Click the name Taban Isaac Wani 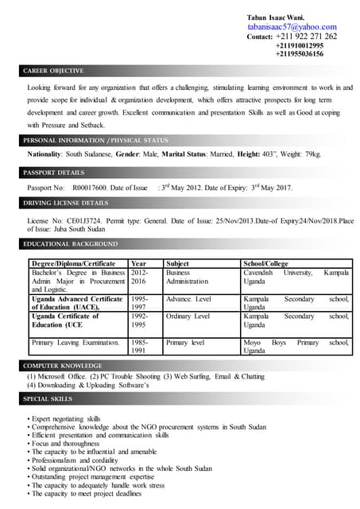pyautogui.click(x=275, y=17)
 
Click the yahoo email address pyautogui.click(x=292, y=26)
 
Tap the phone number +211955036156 pyautogui.click(x=299, y=54)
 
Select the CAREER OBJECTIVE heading pyautogui.click(x=54, y=71)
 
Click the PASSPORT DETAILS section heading pyautogui.click(x=53, y=172)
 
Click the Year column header pyautogui.click(x=138, y=263)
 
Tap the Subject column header pyautogui.click(x=177, y=263)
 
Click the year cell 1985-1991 pyautogui.click(x=139, y=347)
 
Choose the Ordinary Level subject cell pyautogui.click(x=188, y=316)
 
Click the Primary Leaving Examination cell pyautogui.click(x=75, y=343)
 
